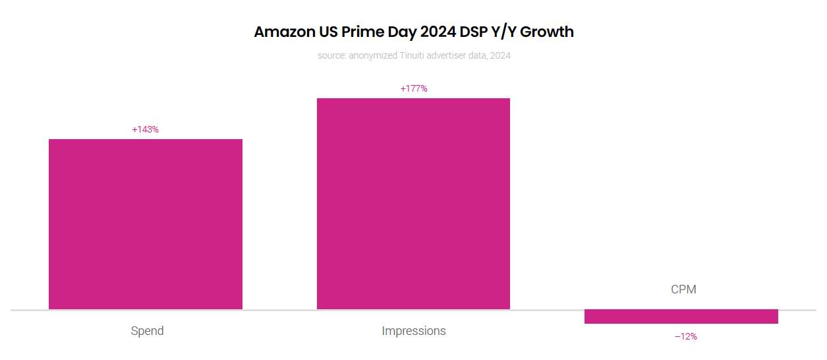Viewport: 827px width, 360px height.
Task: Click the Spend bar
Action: (146, 224)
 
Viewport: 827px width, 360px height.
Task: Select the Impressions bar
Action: (413, 204)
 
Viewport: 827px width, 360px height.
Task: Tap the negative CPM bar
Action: (681, 316)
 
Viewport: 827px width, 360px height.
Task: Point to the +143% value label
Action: (146, 129)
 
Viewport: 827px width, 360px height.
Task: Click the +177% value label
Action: (414, 88)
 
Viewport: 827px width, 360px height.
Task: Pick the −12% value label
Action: (685, 336)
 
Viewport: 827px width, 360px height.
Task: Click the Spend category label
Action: (147, 330)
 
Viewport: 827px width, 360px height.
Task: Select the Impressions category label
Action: (414, 330)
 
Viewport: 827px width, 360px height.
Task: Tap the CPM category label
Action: (683, 289)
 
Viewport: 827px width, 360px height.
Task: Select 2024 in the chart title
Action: (434, 32)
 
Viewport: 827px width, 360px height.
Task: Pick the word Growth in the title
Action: (549, 32)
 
